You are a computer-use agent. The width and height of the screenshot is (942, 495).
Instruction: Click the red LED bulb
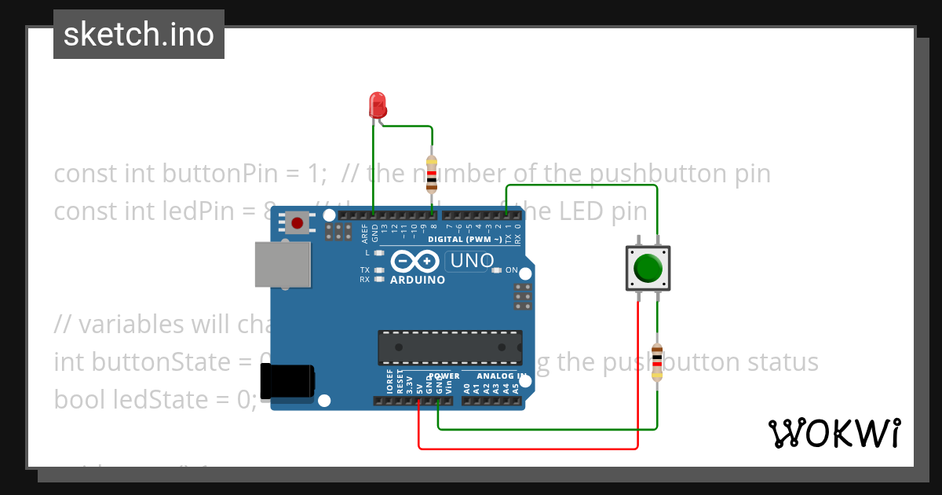[378, 104]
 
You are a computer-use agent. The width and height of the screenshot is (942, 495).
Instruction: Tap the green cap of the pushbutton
[648, 268]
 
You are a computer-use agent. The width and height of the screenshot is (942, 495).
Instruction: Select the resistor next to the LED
[431, 173]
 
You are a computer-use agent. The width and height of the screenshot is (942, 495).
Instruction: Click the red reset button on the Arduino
[298, 223]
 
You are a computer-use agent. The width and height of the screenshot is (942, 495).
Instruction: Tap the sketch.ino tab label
[139, 35]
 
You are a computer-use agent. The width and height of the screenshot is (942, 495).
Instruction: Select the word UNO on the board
[470, 261]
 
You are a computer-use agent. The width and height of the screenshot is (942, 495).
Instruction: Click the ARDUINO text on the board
[418, 280]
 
